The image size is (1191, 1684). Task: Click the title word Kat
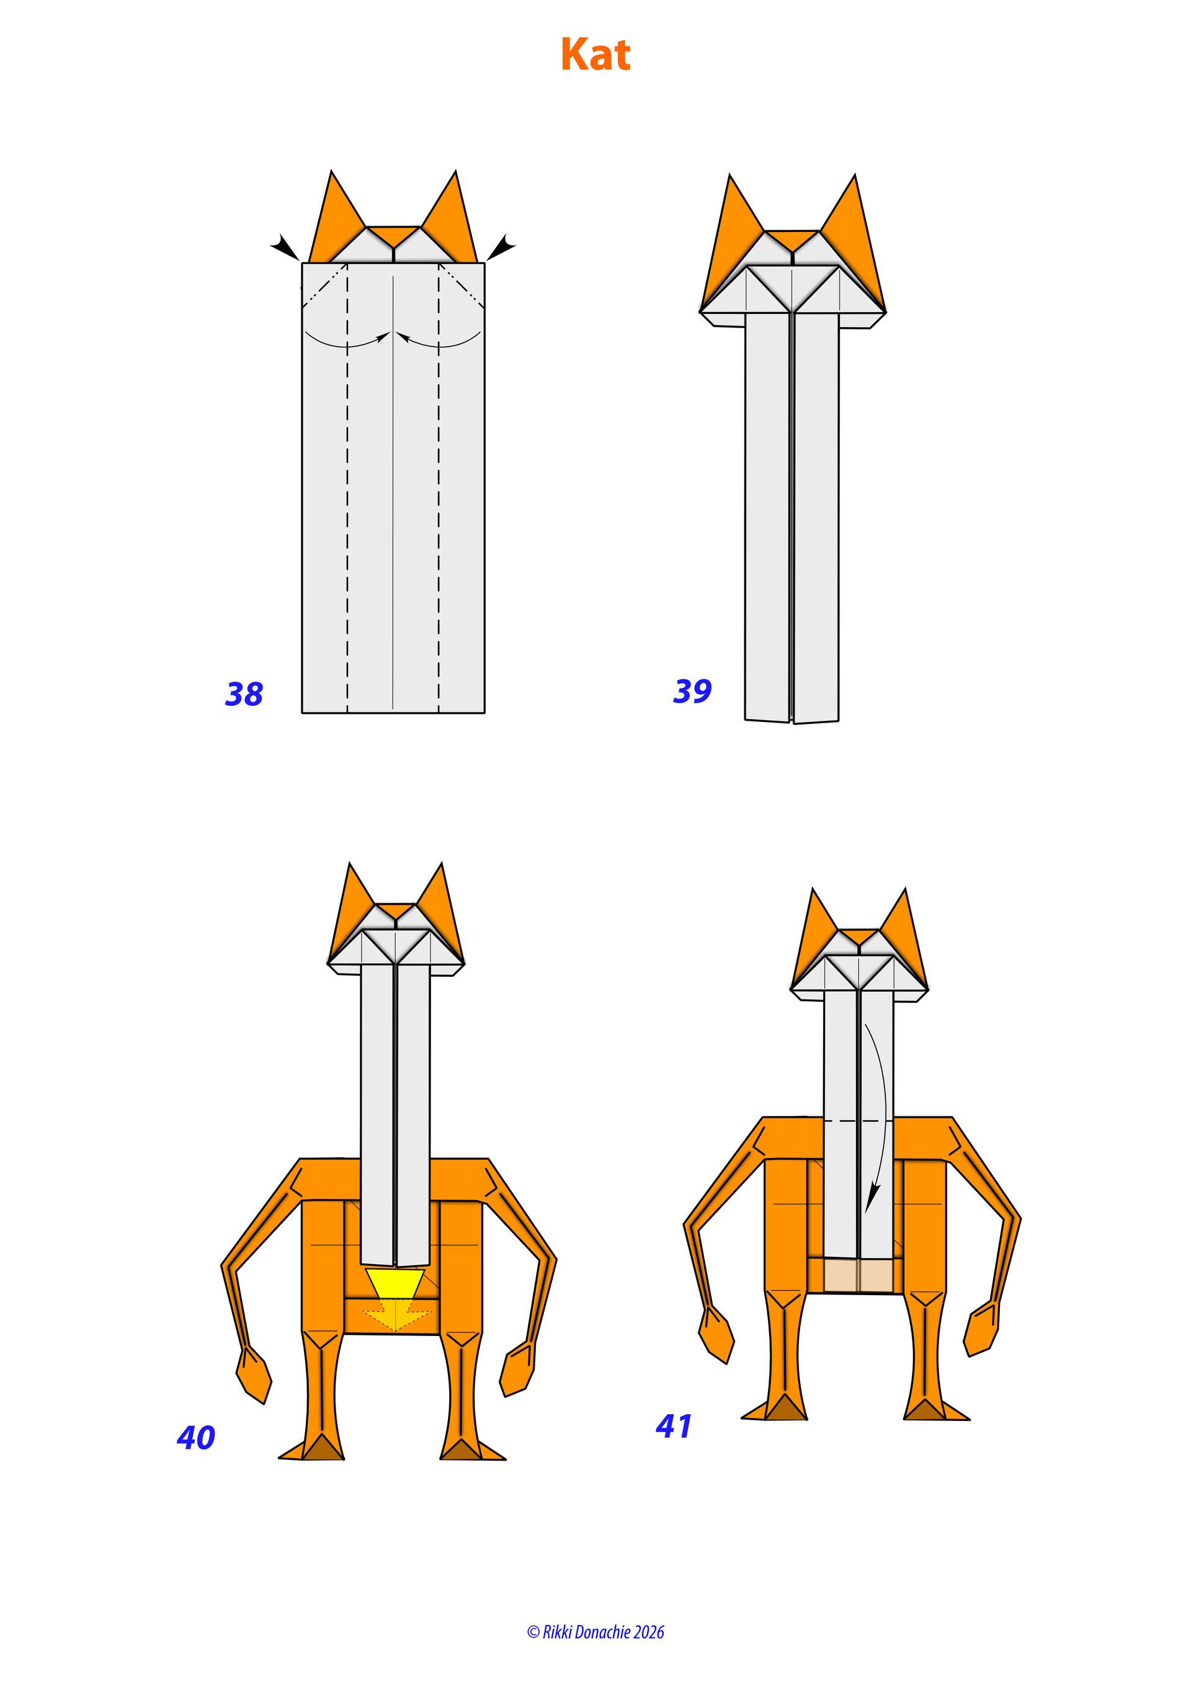point(595,55)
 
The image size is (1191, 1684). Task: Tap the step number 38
point(244,694)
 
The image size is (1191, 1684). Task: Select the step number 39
point(692,691)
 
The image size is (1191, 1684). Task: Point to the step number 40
point(196,1438)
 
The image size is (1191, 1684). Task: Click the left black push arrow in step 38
point(285,246)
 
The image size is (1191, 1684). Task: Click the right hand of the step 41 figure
point(981,1328)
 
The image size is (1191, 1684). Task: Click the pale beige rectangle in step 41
point(859,1276)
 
